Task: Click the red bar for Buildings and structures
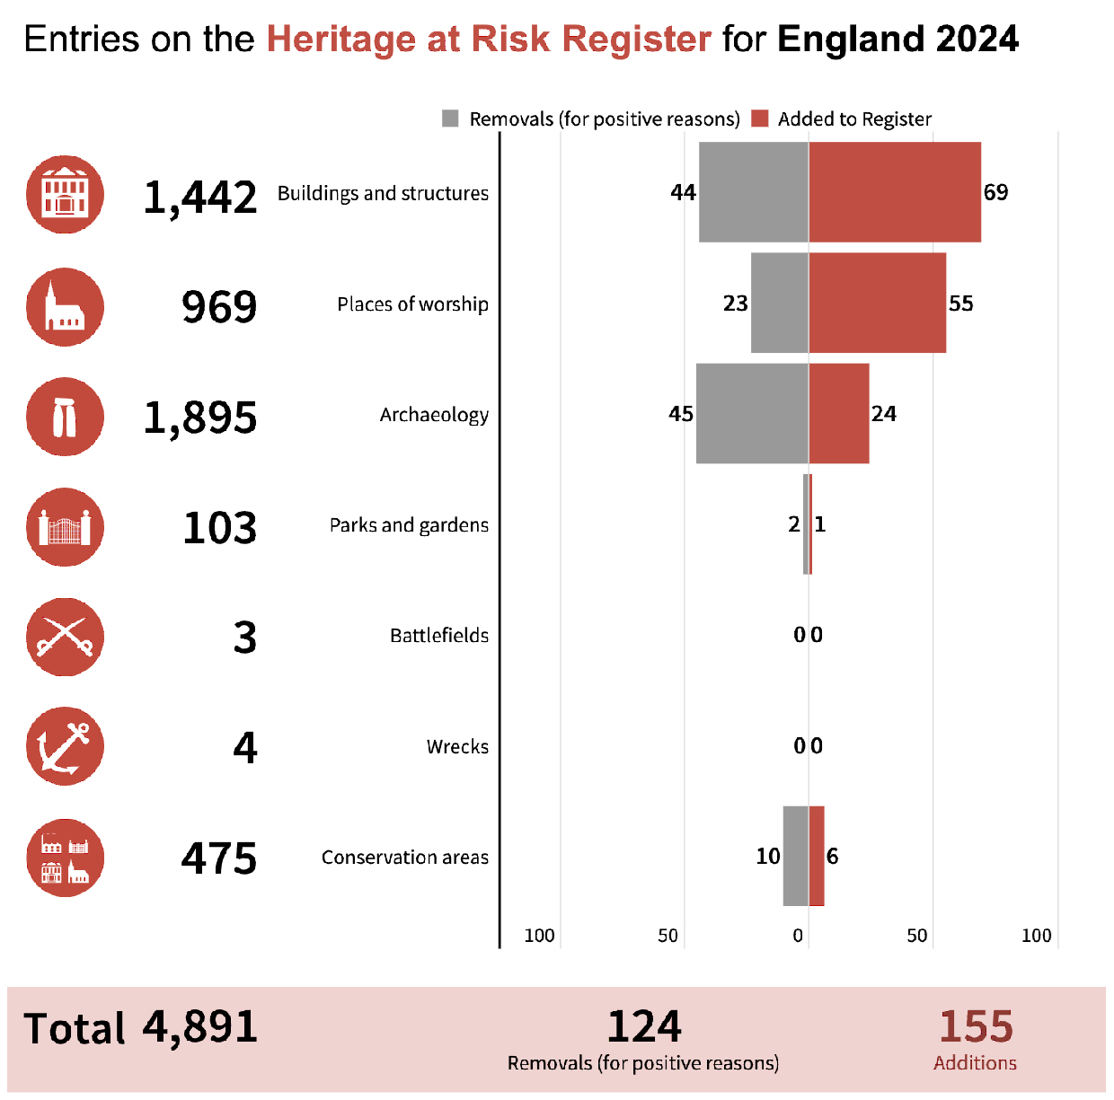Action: click(x=894, y=192)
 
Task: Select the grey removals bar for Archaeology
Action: click(x=752, y=414)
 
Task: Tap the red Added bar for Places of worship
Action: click(x=877, y=303)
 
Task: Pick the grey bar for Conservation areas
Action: click(x=795, y=856)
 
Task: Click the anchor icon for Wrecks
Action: click(x=65, y=746)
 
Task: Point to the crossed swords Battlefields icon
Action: click(x=65, y=637)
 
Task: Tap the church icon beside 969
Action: click(x=65, y=307)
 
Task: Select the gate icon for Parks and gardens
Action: click(x=65, y=527)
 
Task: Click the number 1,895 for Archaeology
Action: click(x=200, y=418)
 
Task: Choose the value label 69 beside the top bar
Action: click(x=995, y=192)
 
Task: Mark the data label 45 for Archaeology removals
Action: click(x=681, y=414)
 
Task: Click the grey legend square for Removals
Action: click(x=451, y=119)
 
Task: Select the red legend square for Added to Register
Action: click(x=760, y=119)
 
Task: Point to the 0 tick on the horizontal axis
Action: click(x=798, y=936)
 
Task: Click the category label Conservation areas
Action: click(x=405, y=858)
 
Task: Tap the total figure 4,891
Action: click(x=200, y=1027)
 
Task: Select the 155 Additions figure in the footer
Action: click(x=976, y=1026)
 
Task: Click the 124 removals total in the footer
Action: click(x=644, y=1026)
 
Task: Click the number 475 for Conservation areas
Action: click(x=219, y=858)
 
